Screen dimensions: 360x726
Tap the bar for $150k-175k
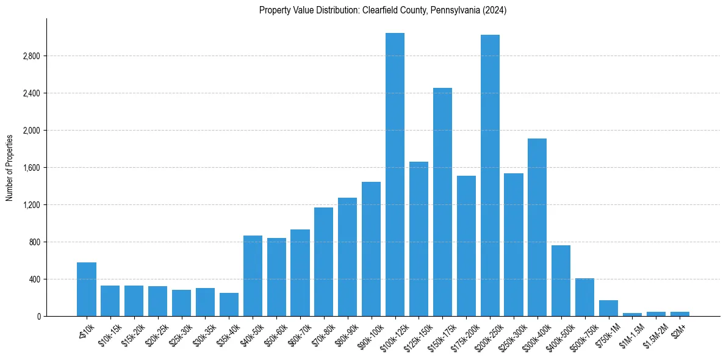(442, 202)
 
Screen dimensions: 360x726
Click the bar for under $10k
(86, 289)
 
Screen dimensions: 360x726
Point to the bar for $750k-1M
(608, 308)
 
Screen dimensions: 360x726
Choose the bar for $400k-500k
(561, 281)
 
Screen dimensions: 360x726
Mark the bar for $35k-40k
(229, 304)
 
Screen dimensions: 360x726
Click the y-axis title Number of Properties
(10, 168)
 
